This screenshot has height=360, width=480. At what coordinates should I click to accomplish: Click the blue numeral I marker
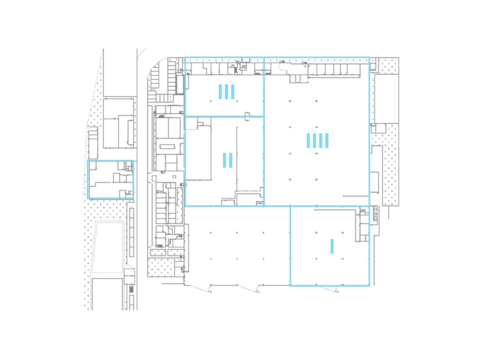point(331,246)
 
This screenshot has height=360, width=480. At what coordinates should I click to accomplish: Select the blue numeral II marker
point(227,160)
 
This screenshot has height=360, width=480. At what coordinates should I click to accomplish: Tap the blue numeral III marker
point(227,91)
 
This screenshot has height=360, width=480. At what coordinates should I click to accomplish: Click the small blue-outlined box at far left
point(111,179)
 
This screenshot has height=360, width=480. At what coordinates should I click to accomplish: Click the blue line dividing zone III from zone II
point(225,117)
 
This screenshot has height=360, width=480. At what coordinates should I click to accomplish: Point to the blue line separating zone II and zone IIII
point(265,160)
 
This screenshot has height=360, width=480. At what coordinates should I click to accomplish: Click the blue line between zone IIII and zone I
point(329,205)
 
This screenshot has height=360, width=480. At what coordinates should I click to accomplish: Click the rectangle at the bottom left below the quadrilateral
point(107,294)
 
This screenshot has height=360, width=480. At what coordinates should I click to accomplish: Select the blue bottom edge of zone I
point(329,285)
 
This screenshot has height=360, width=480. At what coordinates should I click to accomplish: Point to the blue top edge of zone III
point(225,58)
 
